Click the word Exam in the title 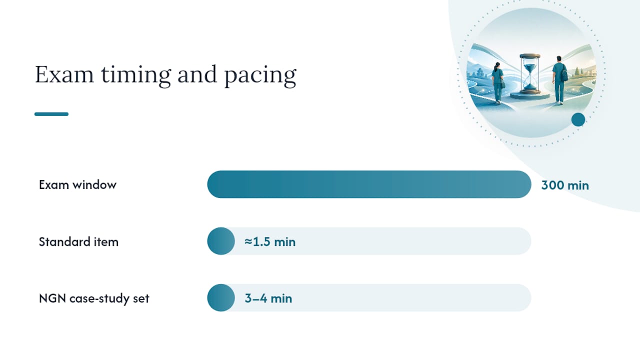coord(64,74)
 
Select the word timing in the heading coord(136,75)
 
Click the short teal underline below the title coord(51,114)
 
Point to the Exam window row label coord(77,185)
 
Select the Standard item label coord(78,241)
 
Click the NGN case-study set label coord(94,298)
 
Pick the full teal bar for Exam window coord(369,184)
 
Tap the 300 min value coord(565,185)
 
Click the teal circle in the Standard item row coord(221,241)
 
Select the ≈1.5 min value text coord(270,241)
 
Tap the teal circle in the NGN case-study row coord(221,297)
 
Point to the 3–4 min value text coord(268,298)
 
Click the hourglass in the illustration coord(530,73)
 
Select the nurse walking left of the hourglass coord(497,83)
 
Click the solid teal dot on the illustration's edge coord(578,119)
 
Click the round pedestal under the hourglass coord(530,95)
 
